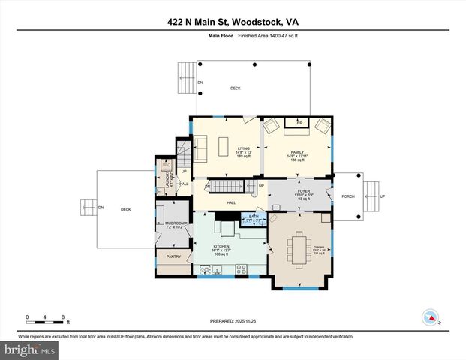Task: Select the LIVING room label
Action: point(244,148)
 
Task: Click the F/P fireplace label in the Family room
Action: point(299,122)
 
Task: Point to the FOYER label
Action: point(303,191)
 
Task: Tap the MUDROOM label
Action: point(175,223)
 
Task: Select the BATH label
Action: point(250,216)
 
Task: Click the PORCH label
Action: point(348,196)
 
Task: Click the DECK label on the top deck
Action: point(236,88)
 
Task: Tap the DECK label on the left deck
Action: point(125,209)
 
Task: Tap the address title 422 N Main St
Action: point(233,22)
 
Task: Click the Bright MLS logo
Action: point(29,349)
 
